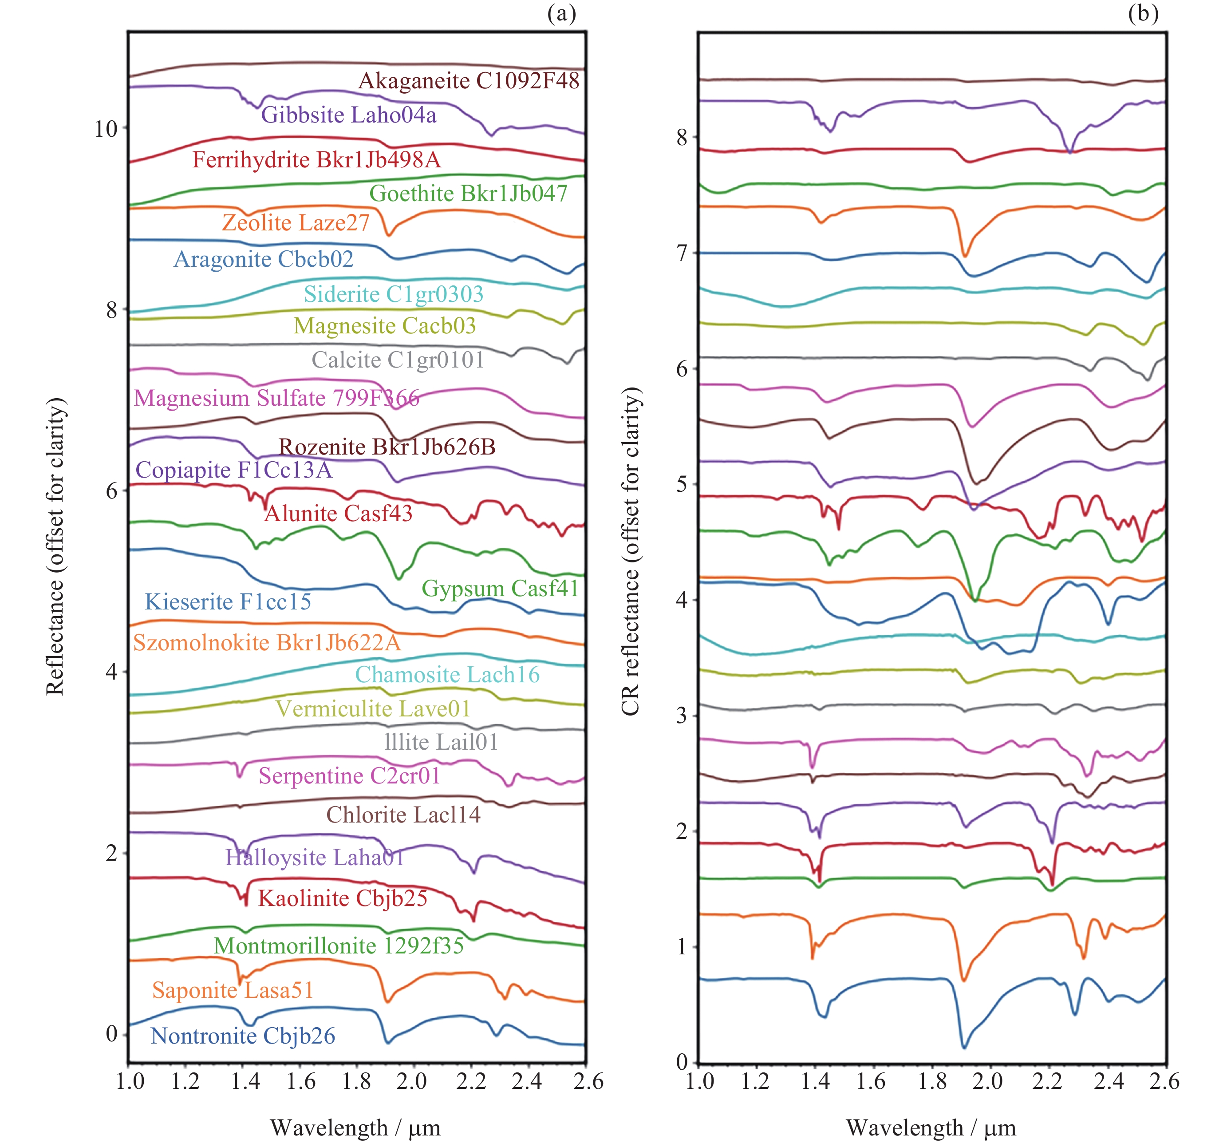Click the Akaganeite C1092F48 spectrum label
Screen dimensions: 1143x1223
coord(469,81)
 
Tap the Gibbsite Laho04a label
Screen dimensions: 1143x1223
coord(349,115)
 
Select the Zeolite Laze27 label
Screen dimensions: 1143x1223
coord(296,222)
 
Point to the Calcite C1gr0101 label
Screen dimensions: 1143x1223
coord(398,360)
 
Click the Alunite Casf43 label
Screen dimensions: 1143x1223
coord(338,513)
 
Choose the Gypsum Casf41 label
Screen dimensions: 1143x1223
coord(500,589)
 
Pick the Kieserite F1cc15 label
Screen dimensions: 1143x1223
coord(228,601)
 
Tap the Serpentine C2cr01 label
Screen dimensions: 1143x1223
coord(349,775)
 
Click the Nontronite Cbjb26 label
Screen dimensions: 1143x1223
coord(243,1036)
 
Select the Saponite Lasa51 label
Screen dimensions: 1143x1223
coord(233,990)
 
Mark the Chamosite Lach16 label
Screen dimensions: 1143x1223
coord(447,675)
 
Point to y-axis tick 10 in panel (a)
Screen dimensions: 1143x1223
coord(105,129)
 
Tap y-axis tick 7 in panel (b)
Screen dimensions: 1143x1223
coord(682,253)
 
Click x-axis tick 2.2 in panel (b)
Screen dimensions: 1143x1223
coord(1048,1081)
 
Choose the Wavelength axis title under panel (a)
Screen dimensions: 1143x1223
coord(355,1127)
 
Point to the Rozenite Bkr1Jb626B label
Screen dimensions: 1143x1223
coord(387,446)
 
